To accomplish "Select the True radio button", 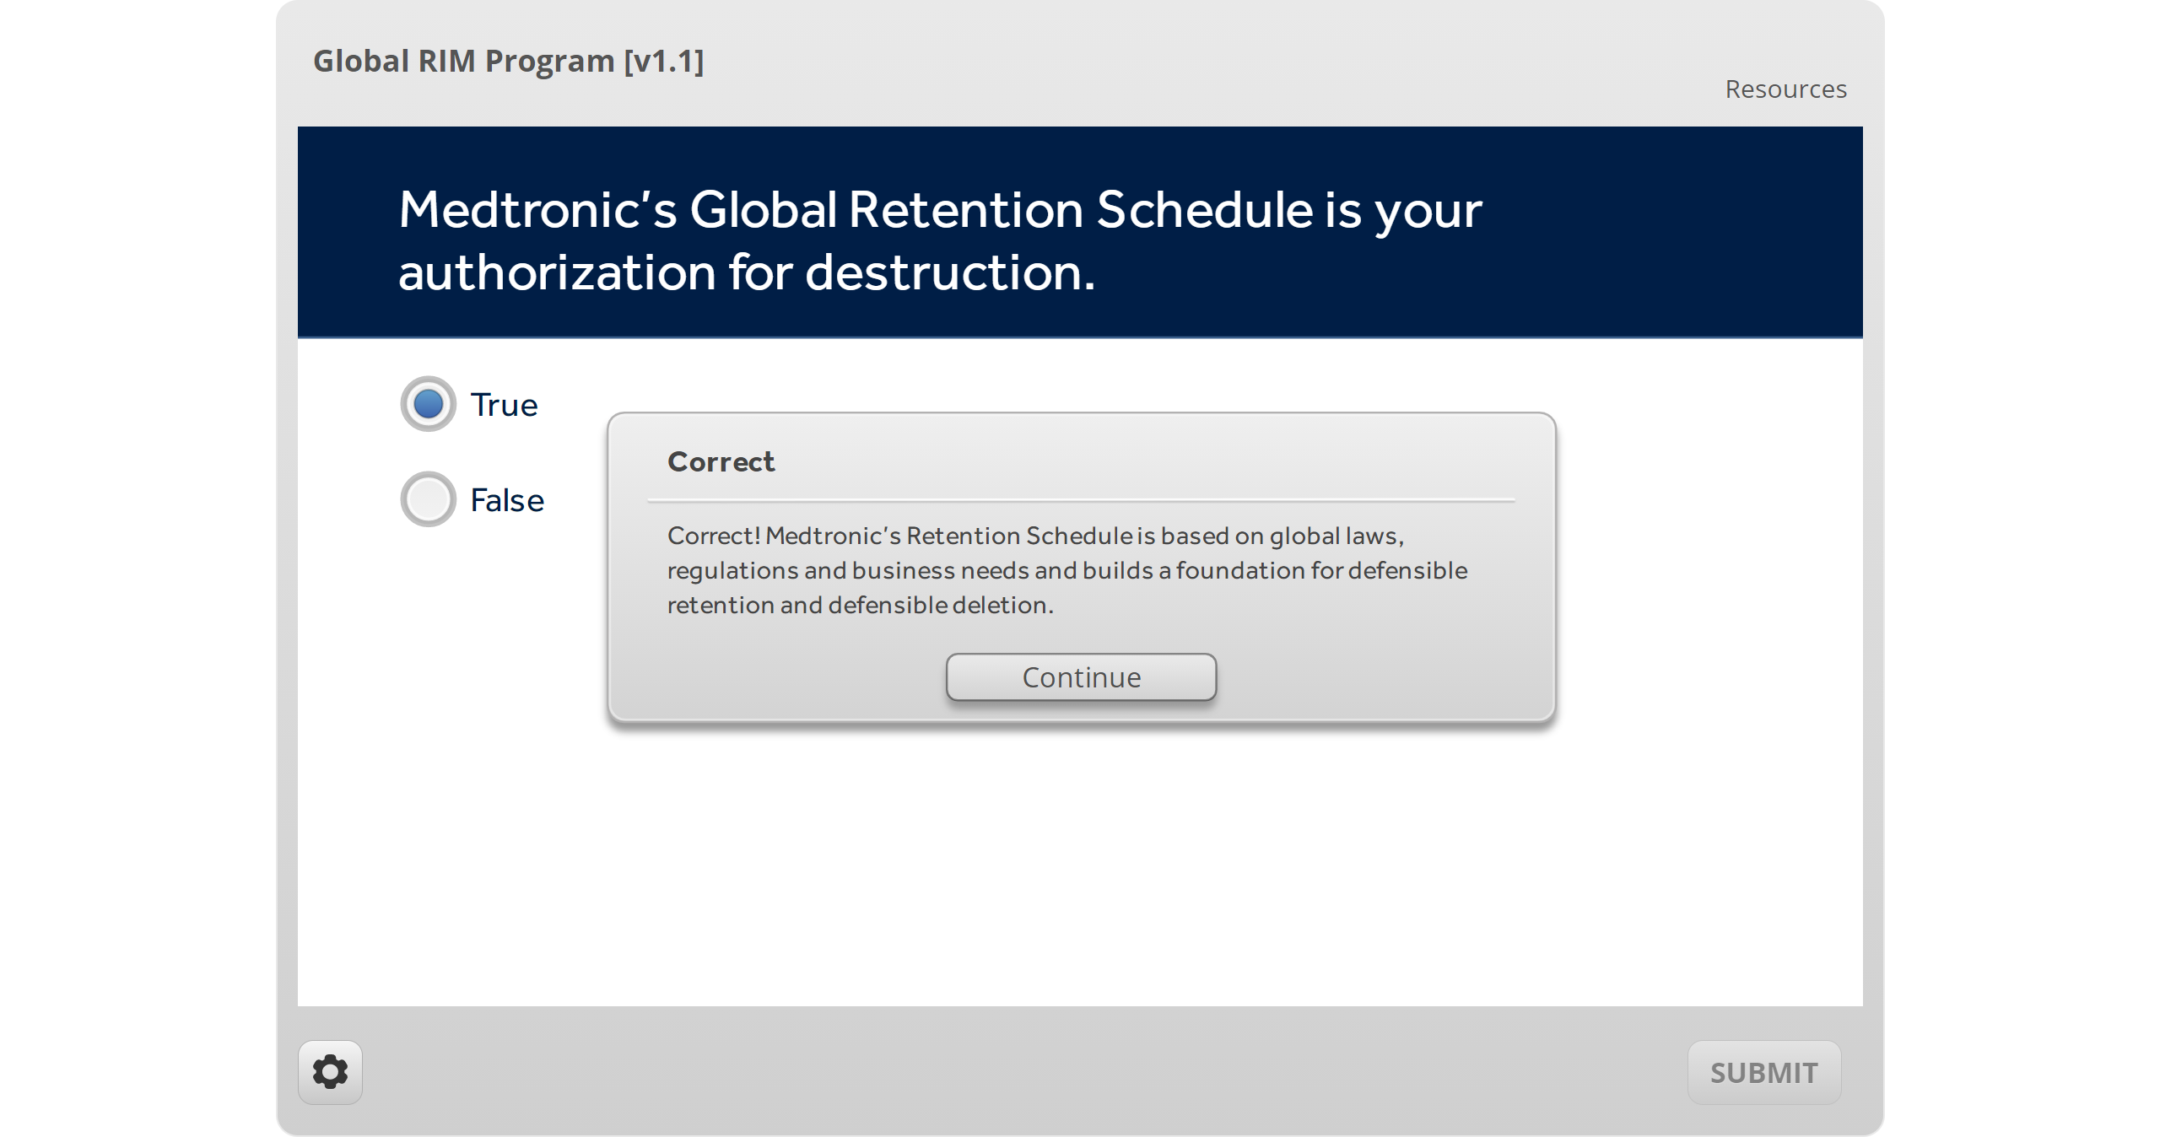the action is (x=428, y=404).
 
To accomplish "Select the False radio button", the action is (x=428, y=499).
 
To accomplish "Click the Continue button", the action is (x=1081, y=676).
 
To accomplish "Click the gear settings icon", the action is (x=330, y=1072).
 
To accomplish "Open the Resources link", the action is (x=1785, y=89).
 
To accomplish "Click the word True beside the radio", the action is (x=504, y=405).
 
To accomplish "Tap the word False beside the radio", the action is (x=506, y=500).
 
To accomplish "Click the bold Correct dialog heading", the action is (x=721, y=461).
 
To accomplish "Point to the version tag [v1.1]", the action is (x=663, y=61).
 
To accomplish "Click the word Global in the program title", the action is (x=361, y=61).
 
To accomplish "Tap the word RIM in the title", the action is (x=446, y=61).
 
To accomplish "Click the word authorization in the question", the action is (x=557, y=273).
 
